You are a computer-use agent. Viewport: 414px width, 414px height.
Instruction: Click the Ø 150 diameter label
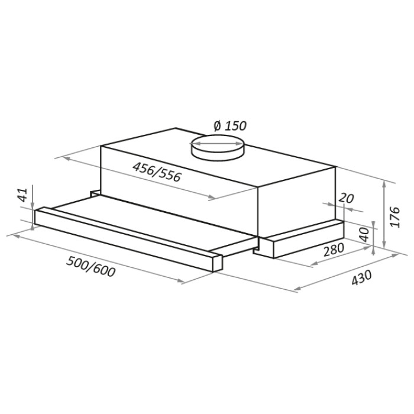pos(229,126)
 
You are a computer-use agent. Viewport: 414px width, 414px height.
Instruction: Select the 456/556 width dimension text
pos(157,172)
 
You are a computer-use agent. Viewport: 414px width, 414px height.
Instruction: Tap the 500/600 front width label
pos(91,267)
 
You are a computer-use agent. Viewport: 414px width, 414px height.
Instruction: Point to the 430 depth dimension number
pos(361,277)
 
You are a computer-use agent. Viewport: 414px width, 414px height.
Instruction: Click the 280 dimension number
pos(334,249)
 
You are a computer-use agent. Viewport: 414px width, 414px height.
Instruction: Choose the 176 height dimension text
pos(395,217)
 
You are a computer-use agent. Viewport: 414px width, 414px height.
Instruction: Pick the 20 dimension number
pos(346,198)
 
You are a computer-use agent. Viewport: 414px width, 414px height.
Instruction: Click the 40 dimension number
pos(364,234)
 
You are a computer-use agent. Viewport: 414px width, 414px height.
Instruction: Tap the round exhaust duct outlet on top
pos(217,147)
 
